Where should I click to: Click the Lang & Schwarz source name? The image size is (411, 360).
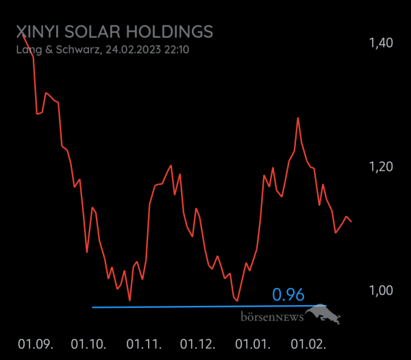point(58,49)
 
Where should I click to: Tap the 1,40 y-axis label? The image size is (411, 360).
point(380,43)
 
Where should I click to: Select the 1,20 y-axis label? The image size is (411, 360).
point(380,167)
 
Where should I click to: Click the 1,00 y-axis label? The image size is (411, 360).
point(380,290)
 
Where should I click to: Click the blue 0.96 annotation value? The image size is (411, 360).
point(288,295)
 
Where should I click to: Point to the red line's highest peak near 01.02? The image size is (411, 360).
point(297,118)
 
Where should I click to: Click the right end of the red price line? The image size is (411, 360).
point(351,221)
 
